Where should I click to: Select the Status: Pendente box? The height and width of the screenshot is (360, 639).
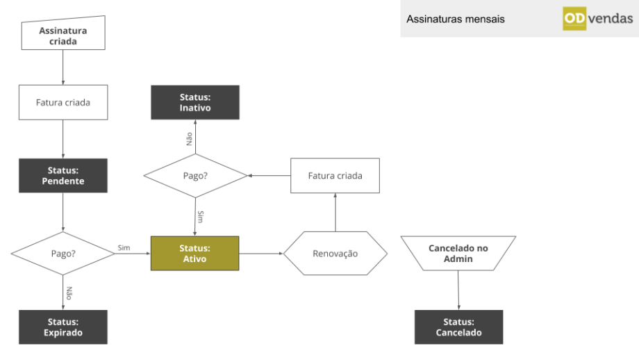click(x=63, y=175)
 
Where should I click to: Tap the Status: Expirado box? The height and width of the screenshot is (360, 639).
click(x=63, y=327)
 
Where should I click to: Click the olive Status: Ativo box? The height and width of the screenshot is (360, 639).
click(x=194, y=254)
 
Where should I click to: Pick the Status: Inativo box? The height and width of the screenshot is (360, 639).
click(x=194, y=102)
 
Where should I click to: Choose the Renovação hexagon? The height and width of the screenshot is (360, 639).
click(x=335, y=254)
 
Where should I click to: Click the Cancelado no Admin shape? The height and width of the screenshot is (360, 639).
click(x=458, y=254)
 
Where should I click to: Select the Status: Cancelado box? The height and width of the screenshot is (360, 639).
click(x=458, y=327)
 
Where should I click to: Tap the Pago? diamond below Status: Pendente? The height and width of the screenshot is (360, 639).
click(x=63, y=254)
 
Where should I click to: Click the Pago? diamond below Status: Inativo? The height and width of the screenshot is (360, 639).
click(x=195, y=175)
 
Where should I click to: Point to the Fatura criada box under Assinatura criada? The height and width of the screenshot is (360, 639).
click(x=63, y=102)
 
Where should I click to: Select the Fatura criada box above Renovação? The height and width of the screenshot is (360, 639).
click(x=335, y=175)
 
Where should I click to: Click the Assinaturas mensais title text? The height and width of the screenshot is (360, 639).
click(x=456, y=19)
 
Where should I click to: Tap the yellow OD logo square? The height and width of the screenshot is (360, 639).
click(x=574, y=19)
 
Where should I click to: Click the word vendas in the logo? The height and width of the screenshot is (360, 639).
click(x=610, y=19)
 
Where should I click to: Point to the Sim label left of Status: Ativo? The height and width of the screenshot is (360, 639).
click(x=124, y=247)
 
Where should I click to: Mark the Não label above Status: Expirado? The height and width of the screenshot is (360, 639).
click(x=69, y=292)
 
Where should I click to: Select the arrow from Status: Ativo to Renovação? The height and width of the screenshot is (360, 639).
click(x=261, y=254)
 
